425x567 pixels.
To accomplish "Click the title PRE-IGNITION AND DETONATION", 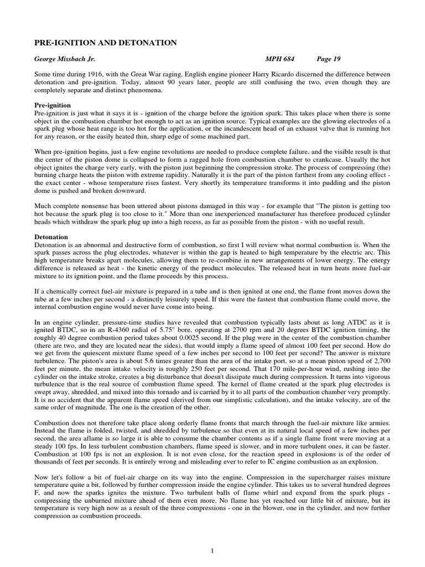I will (106, 43).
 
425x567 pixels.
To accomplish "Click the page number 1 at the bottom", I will (212, 534).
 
